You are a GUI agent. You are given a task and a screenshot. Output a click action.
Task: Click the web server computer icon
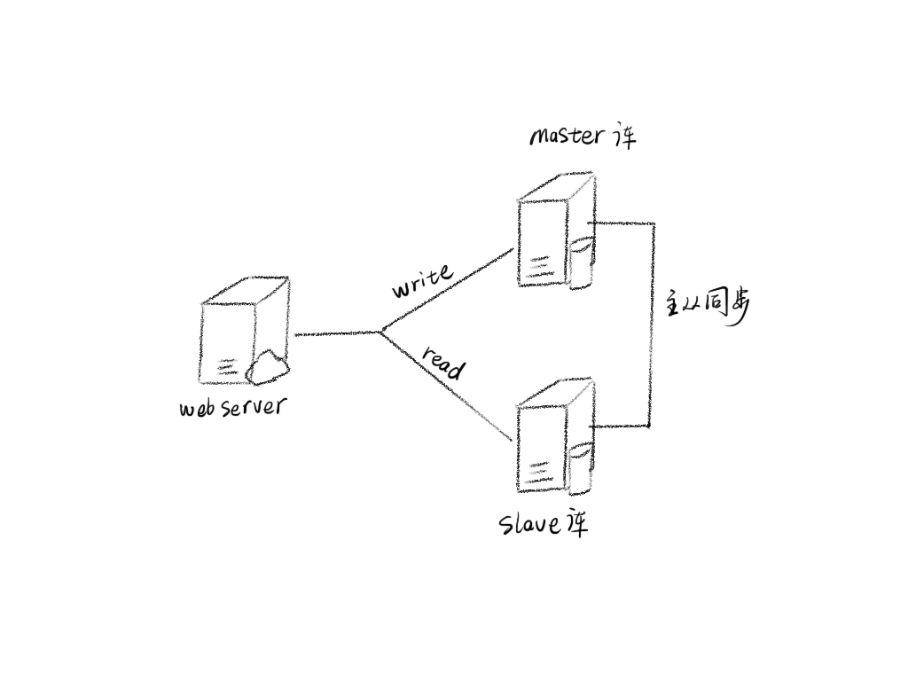[244, 333]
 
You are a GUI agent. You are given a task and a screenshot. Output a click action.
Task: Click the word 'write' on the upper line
[422, 280]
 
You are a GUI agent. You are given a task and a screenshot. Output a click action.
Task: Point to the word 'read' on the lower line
[442, 362]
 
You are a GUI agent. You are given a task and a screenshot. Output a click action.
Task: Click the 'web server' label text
[233, 407]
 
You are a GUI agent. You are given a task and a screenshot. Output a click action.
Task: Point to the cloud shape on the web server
[266, 367]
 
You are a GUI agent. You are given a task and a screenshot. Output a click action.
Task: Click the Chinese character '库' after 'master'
[623, 137]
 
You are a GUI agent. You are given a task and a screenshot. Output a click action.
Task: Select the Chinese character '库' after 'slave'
[574, 524]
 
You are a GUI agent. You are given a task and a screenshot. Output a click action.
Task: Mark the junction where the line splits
[380, 333]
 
